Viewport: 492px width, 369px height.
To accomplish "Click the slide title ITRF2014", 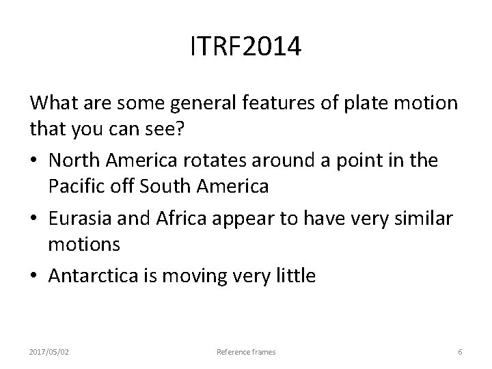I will click(x=245, y=48).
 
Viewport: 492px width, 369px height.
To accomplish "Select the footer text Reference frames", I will click(x=246, y=352).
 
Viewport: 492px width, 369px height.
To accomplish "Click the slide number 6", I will click(x=460, y=352).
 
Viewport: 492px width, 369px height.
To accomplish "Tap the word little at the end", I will click(x=295, y=276).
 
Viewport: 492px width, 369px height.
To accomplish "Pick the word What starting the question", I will click(x=51, y=103).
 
